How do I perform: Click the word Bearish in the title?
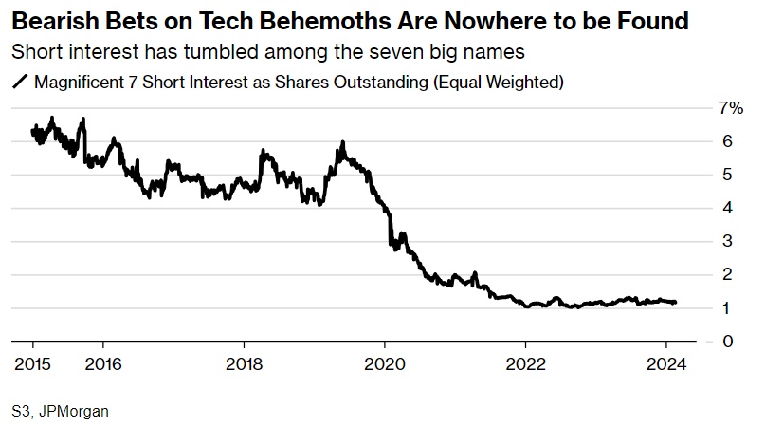point(52,19)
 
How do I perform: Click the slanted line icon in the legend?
point(20,83)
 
